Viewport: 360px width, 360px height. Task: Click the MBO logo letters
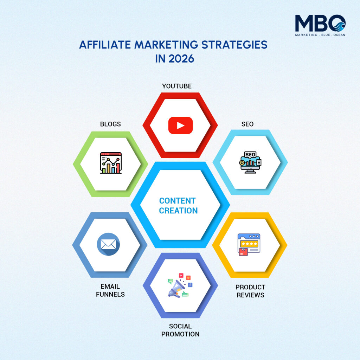[320, 23]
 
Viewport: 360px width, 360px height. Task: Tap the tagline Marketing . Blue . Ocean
[320, 35]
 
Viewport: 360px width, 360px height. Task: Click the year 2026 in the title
[181, 59]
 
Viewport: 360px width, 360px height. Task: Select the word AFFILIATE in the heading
[105, 45]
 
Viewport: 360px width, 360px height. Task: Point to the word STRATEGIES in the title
[234, 45]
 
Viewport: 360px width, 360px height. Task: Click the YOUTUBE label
[177, 86]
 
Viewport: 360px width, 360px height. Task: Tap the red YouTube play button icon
[180, 126]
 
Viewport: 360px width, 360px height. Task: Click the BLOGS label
[110, 124]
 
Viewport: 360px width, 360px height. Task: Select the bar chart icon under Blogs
[111, 163]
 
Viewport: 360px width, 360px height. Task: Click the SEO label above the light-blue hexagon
[247, 124]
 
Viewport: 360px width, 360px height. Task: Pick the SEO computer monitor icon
[250, 162]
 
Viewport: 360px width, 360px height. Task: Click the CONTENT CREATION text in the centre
[178, 206]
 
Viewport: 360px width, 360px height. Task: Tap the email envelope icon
[108, 244]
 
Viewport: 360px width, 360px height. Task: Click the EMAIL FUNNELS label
[110, 290]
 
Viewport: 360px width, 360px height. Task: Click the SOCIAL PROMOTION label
[180, 330]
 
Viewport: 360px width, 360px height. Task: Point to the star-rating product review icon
[249, 245]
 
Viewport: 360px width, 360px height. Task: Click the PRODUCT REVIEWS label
[250, 291]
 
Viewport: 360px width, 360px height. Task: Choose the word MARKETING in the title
[166, 45]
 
